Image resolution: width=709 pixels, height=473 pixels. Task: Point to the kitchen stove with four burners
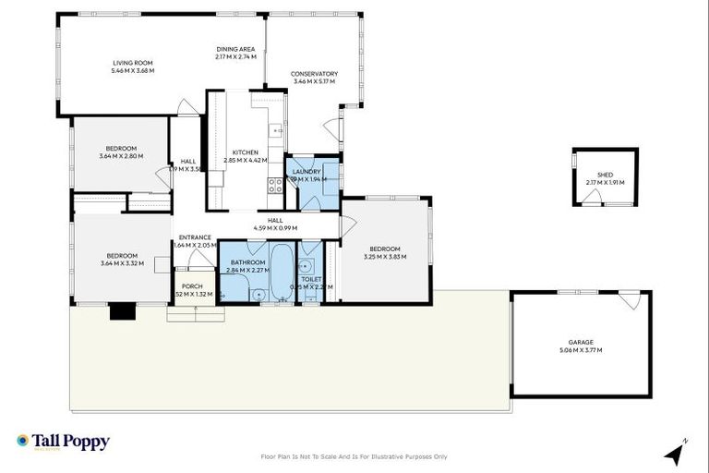coord(275,185)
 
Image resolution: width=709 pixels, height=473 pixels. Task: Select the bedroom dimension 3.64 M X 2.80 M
coord(121,156)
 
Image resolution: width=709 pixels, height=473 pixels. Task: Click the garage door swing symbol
coord(630,299)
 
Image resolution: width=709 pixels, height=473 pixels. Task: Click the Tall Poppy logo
coord(63,442)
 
